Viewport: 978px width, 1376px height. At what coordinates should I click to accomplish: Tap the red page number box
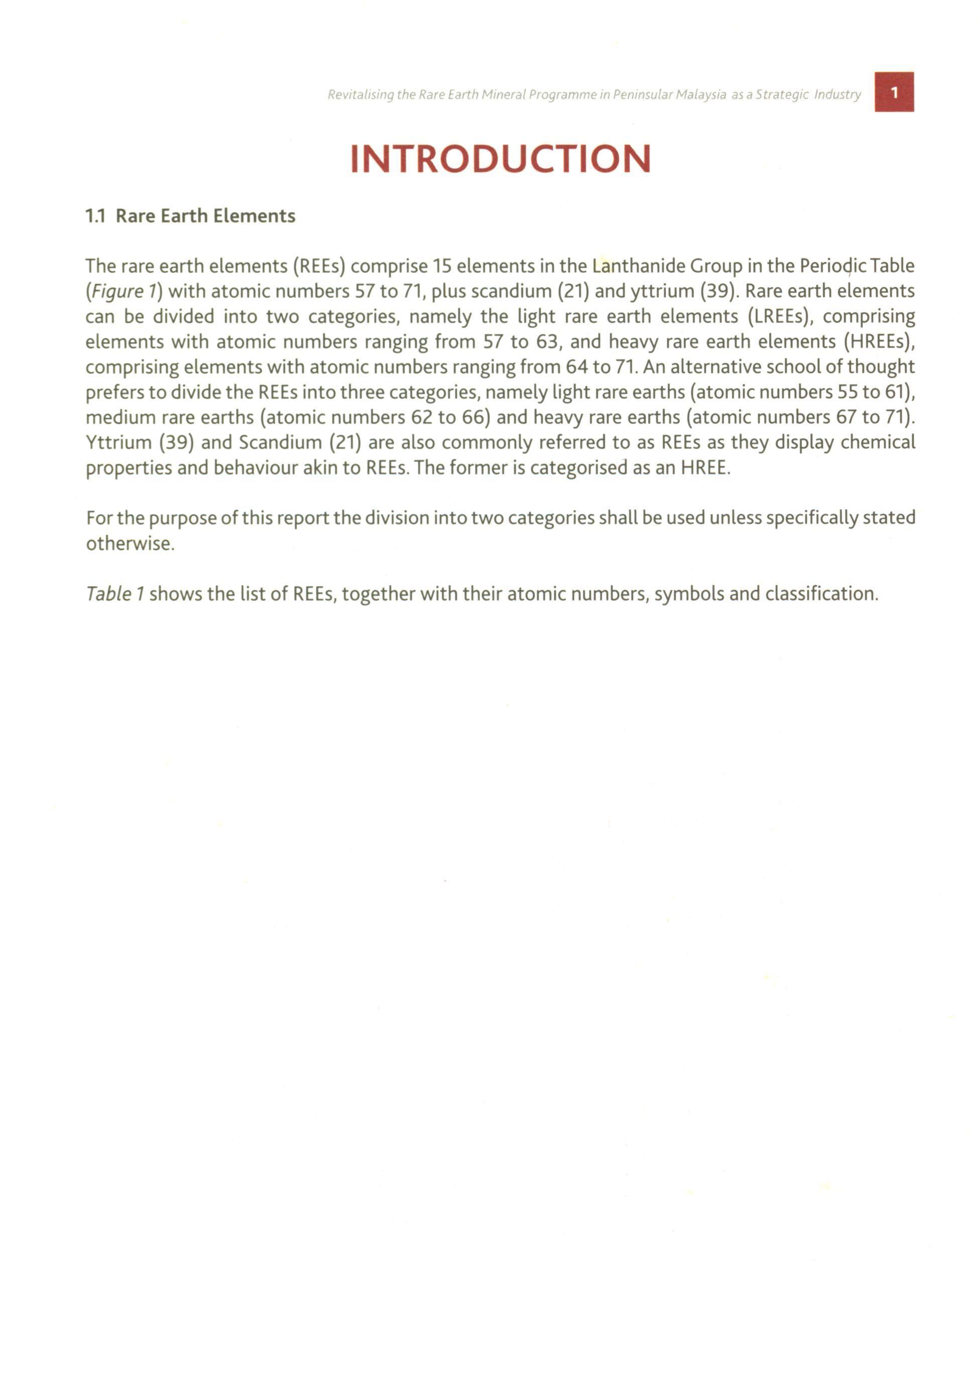point(894,92)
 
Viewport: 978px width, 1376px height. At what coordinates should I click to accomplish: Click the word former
point(469,468)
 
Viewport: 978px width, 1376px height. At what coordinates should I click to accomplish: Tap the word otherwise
point(130,544)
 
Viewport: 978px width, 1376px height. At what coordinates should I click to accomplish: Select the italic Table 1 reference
point(115,594)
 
